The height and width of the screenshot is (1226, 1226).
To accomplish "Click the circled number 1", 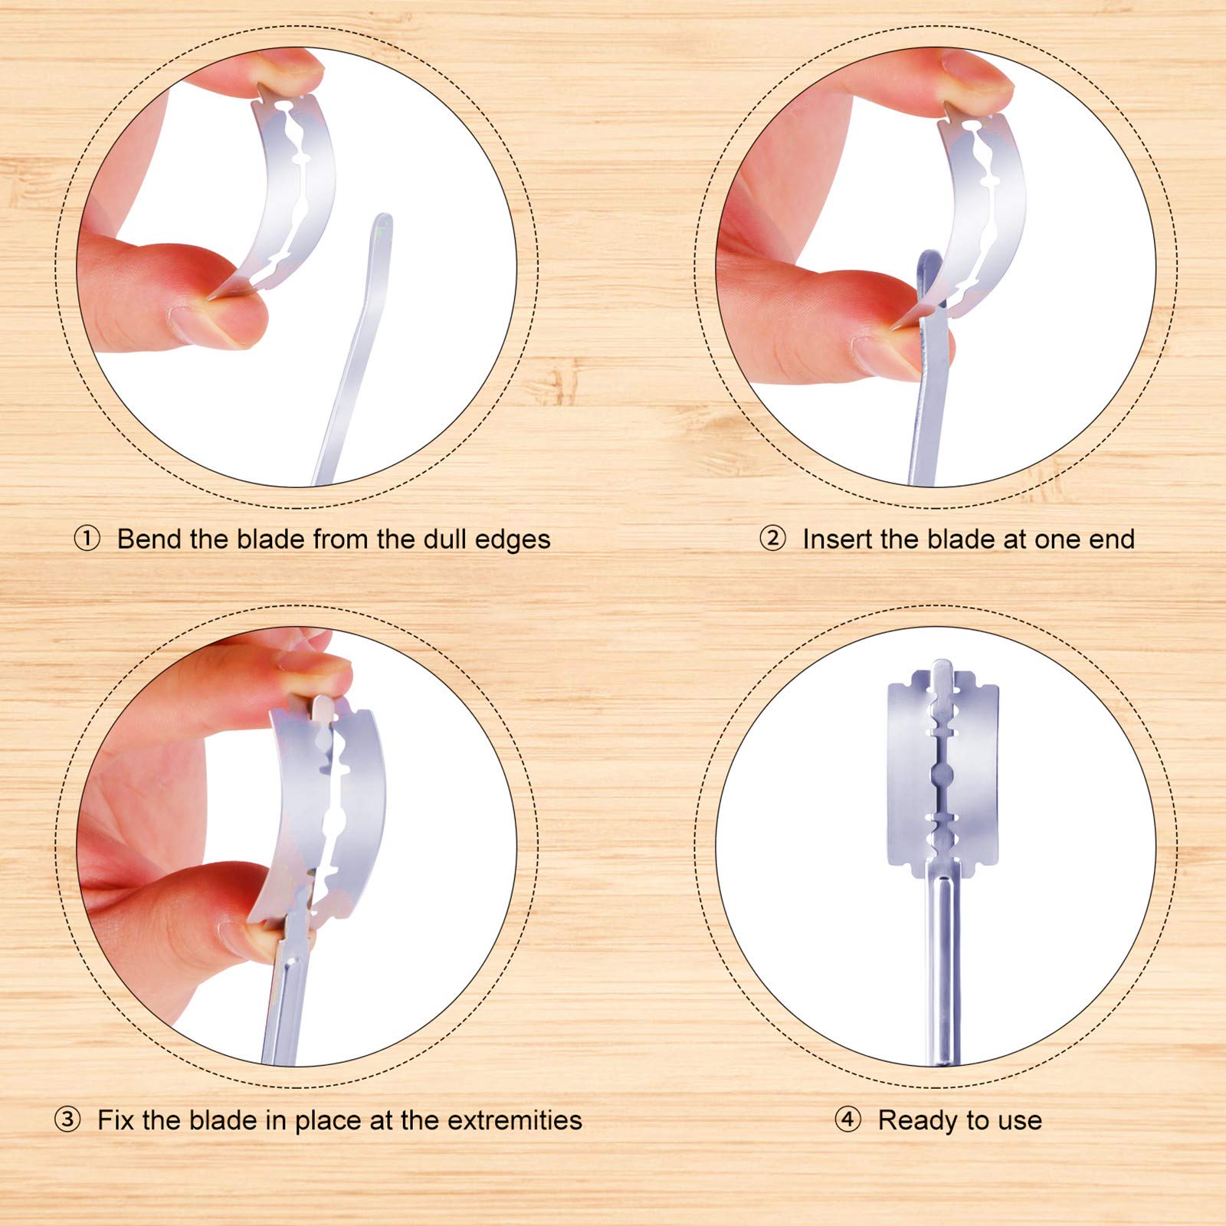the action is [87, 539].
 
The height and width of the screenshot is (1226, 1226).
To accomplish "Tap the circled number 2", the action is [772, 539].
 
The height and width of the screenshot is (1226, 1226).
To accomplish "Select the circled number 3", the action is [67, 1119].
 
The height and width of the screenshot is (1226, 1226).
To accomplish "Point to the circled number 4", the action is [847, 1119].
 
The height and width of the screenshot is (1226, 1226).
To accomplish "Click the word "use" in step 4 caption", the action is [1020, 1121].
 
